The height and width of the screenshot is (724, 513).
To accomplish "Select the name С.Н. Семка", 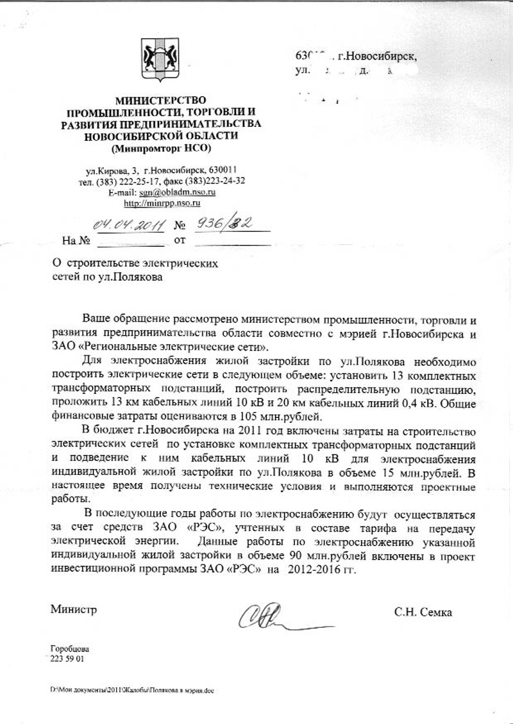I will point(423,612).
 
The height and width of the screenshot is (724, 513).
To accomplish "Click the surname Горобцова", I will point(69,649).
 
